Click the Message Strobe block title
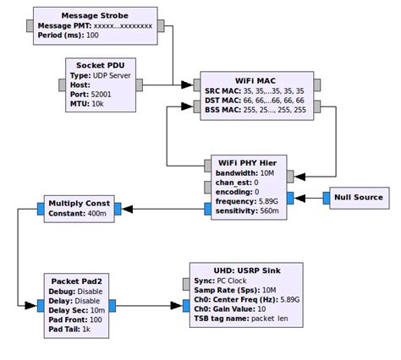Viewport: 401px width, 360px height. coord(96,14)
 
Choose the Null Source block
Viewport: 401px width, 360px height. coord(358,198)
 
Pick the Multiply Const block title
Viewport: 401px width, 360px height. coord(80,204)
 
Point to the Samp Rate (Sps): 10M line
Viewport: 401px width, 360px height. coord(237,290)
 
